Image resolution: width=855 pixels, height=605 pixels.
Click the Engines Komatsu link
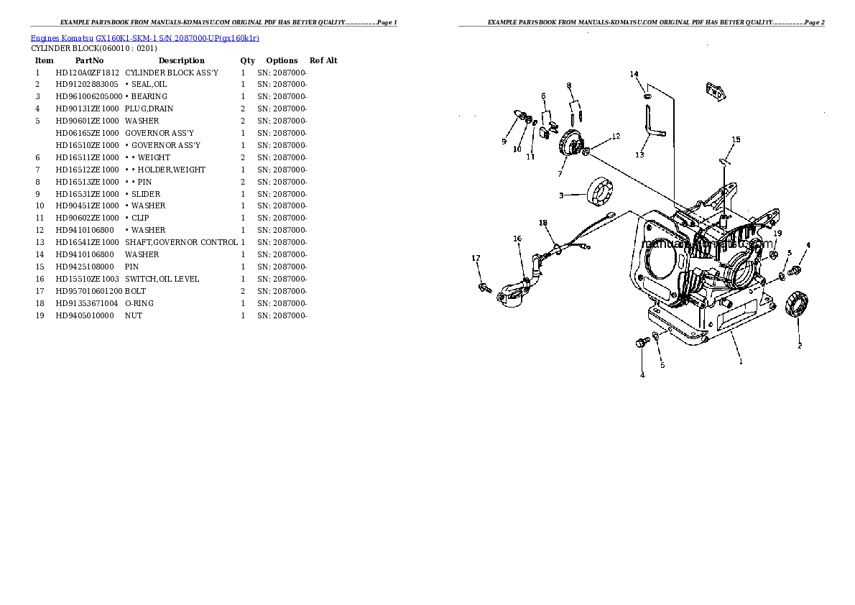tap(62, 38)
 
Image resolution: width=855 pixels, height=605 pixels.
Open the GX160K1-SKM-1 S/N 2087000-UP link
tap(177, 38)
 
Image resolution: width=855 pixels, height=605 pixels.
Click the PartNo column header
tap(89, 60)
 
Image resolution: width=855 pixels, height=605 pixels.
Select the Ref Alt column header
tap(323, 60)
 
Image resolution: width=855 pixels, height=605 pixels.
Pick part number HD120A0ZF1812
tap(87, 73)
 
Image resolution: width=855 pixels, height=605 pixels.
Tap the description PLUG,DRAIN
tap(149, 108)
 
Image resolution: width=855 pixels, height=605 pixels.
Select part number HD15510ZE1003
tap(87, 279)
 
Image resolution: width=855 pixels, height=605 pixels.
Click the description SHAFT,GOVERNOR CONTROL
tap(182, 242)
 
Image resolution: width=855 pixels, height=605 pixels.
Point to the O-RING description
tap(139, 303)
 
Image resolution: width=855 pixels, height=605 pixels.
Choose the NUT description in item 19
tap(134, 315)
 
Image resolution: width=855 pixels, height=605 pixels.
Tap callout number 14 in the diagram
tap(634, 74)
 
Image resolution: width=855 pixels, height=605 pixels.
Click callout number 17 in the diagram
tap(476, 258)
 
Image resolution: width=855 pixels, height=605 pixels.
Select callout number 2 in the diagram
tap(800, 346)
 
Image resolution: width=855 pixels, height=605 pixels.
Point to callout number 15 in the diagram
tap(736, 139)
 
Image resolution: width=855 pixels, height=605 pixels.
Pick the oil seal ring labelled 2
tap(797, 304)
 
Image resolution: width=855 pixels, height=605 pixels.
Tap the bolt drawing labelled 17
tap(485, 287)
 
